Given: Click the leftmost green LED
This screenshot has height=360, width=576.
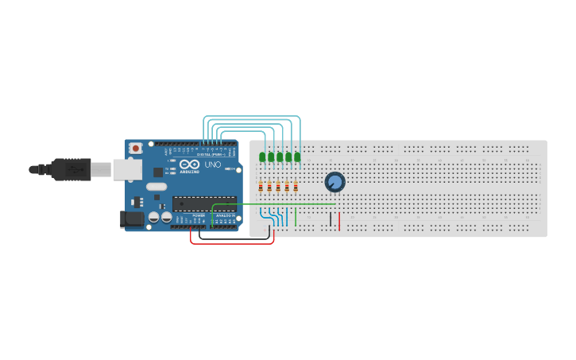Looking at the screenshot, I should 262,157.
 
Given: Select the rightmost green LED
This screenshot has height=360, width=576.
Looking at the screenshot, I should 297,157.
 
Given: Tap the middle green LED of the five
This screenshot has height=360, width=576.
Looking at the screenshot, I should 280,157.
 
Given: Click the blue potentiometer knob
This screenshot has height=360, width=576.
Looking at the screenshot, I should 334,183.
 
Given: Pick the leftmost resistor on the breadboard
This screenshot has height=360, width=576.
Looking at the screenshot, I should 261,187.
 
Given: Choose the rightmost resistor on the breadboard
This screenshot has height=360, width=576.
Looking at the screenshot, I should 296,187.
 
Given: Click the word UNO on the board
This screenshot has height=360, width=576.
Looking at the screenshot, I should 213,165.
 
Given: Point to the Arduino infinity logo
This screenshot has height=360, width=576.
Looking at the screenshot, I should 190,163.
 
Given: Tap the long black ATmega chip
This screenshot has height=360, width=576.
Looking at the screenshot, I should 204,203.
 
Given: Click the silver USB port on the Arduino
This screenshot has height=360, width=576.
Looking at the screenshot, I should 126,168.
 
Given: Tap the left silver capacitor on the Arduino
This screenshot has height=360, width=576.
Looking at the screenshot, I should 153,217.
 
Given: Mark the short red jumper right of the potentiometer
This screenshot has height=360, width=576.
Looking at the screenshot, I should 339,221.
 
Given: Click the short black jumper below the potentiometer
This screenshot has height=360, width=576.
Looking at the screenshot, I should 331,219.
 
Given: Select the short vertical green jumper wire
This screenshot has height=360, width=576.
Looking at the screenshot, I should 296,216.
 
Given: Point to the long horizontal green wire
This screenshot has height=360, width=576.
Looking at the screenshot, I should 270,203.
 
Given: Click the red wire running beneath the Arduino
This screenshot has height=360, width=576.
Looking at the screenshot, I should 230,243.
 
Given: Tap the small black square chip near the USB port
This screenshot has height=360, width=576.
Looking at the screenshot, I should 157,172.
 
